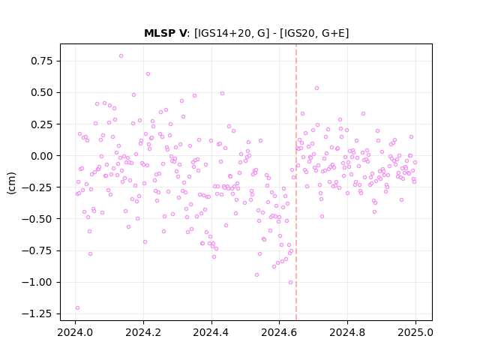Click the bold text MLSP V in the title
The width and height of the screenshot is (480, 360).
[165, 33]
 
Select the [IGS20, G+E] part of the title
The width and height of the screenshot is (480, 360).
[316, 33]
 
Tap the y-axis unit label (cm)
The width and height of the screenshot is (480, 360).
[11, 182]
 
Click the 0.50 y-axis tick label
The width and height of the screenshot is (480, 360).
[42, 92]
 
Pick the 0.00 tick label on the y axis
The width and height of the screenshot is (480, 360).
[42, 156]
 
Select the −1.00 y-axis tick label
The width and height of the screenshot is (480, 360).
[37, 282]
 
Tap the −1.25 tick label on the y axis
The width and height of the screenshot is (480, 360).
[37, 313]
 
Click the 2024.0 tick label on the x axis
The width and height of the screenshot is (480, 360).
[75, 332]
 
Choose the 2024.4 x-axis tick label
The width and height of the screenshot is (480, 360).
[211, 332]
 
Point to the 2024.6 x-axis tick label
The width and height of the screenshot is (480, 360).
[279, 332]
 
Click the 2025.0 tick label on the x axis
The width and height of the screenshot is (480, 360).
[415, 332]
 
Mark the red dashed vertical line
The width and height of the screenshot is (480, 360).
[296, 182]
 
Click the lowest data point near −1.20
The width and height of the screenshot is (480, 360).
[77, 307]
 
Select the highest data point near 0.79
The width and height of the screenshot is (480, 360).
[121, 55]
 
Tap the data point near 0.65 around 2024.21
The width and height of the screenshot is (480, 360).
[148, 73]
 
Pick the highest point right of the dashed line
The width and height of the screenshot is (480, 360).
[316, 88]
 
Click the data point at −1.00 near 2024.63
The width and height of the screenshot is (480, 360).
[290, 282]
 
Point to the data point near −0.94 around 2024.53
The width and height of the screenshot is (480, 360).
[256, 275]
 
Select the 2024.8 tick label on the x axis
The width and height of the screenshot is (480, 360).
[347, 332]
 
